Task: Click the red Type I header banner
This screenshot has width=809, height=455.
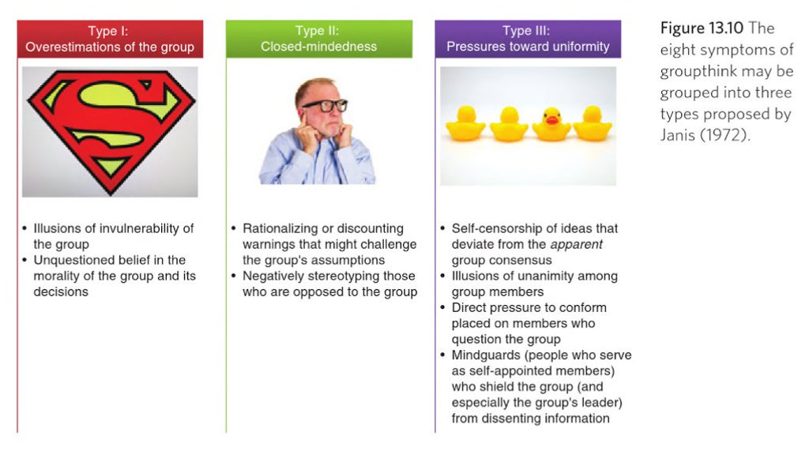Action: pyautogui.click(x=110, y=39)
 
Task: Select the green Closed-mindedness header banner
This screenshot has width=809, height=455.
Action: pyautogui.click(x=319, y=39)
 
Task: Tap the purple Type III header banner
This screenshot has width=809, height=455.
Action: pyautogui.click(x=528, y=39)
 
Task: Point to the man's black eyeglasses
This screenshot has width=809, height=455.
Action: pyautogui.click(x=325, y=106)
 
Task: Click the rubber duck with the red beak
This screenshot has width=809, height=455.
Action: pyautogui.click(x=551, y=124)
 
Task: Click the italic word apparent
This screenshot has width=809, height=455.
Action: pyautogui.click(x=576, y=245)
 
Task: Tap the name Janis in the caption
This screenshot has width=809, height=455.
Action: pyautogui.click(x=677, y=135)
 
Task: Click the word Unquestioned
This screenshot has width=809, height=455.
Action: pyautogui.click(x=72, y=260)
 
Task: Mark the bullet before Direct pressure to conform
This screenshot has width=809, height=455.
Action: pyautogui.click(x=442, y=307)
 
